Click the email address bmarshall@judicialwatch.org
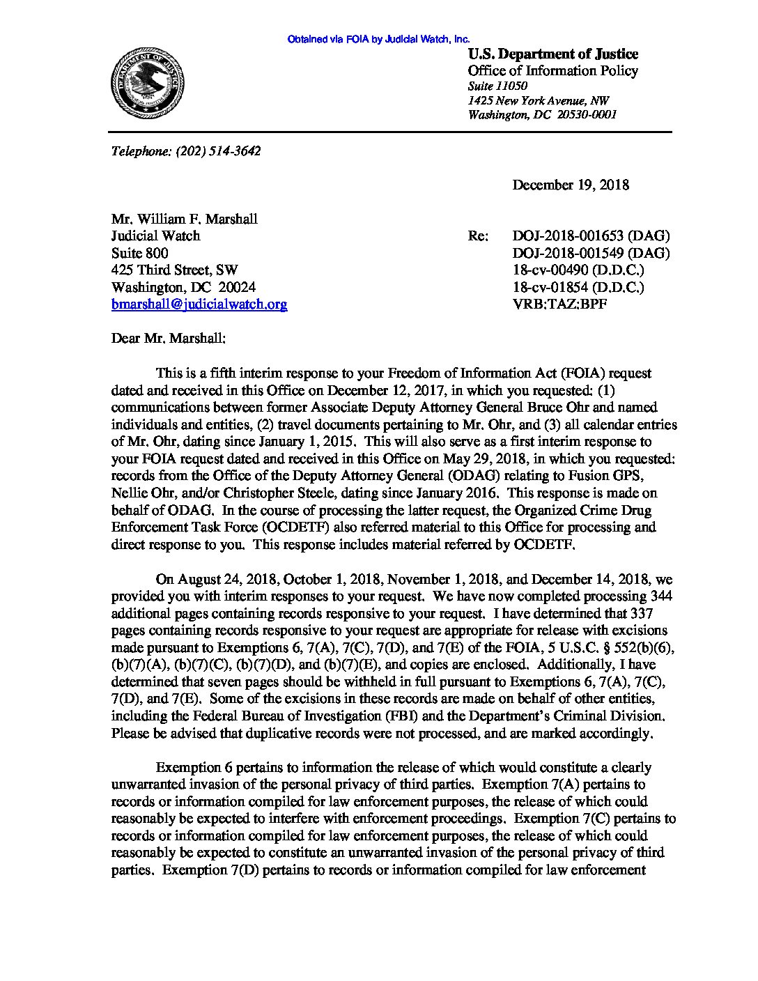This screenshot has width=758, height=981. pyautogui.click(x=199, y=304)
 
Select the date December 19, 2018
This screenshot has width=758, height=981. pyautogui.click(x=571, y=185)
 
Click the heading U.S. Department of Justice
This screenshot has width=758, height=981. pyautogui.click(x=552, y=54)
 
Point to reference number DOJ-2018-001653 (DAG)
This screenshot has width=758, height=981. pyautogui.click(x=591, y=236)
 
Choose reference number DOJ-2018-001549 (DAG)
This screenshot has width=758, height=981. pyautogui.click(x=591, y=253)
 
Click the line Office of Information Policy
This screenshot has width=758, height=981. pyautogui.click(x=552, y=71)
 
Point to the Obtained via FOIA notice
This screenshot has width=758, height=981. pyautogui.click(x=378, y=40)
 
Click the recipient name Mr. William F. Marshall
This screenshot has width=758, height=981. pyautogui.click(x=185, y=219)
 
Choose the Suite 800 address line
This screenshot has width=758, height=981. pyautogui.click(x=140, y=253)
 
